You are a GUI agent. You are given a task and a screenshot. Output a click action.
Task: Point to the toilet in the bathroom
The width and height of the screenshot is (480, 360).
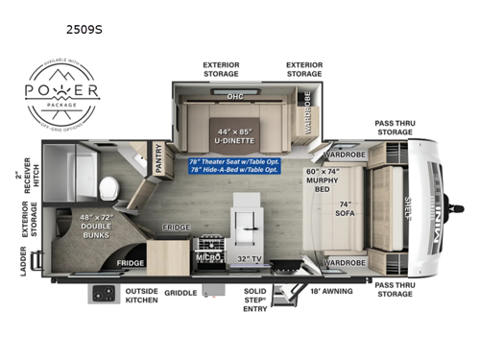pos(108,184)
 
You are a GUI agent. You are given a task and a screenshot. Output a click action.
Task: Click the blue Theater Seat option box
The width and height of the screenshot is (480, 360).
pos(236,166)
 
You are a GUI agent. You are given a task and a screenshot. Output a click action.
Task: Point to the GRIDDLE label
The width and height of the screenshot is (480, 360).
pos(180,292)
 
